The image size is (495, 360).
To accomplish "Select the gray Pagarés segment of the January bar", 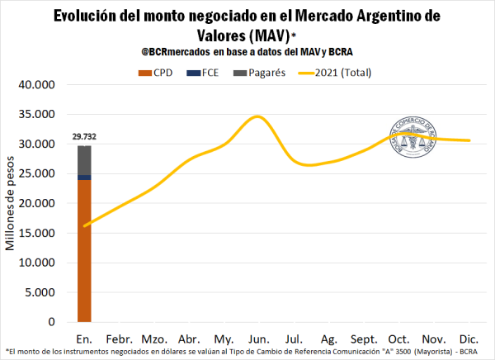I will point(84,160).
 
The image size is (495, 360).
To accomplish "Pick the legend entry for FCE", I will point(203,72).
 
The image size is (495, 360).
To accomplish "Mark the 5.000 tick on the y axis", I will point(40,292).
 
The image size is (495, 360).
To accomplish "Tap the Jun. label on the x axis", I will point(258,339).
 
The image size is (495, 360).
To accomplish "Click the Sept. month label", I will point(364,339).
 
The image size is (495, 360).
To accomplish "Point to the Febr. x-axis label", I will point(120,339).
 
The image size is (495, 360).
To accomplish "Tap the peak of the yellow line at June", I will point(258,116).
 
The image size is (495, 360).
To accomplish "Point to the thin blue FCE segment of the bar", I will point(84,177).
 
